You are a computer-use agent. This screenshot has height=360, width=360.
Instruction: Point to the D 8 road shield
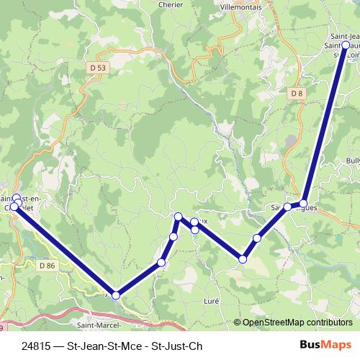[297, 94]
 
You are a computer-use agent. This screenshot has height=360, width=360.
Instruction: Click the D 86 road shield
[48, 266]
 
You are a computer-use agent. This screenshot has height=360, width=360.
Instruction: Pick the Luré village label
[212, 300]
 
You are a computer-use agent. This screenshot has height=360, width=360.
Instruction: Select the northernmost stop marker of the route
[346, 45]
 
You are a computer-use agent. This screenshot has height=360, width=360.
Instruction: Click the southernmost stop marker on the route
[116, 295]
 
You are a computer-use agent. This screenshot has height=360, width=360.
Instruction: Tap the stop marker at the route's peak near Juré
[178, 216]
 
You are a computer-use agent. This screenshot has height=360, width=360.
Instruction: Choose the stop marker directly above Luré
[243, 259]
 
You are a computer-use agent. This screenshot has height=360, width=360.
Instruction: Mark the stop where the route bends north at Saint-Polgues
[304, 203]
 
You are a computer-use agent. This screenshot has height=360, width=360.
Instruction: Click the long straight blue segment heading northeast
[325, 122]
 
